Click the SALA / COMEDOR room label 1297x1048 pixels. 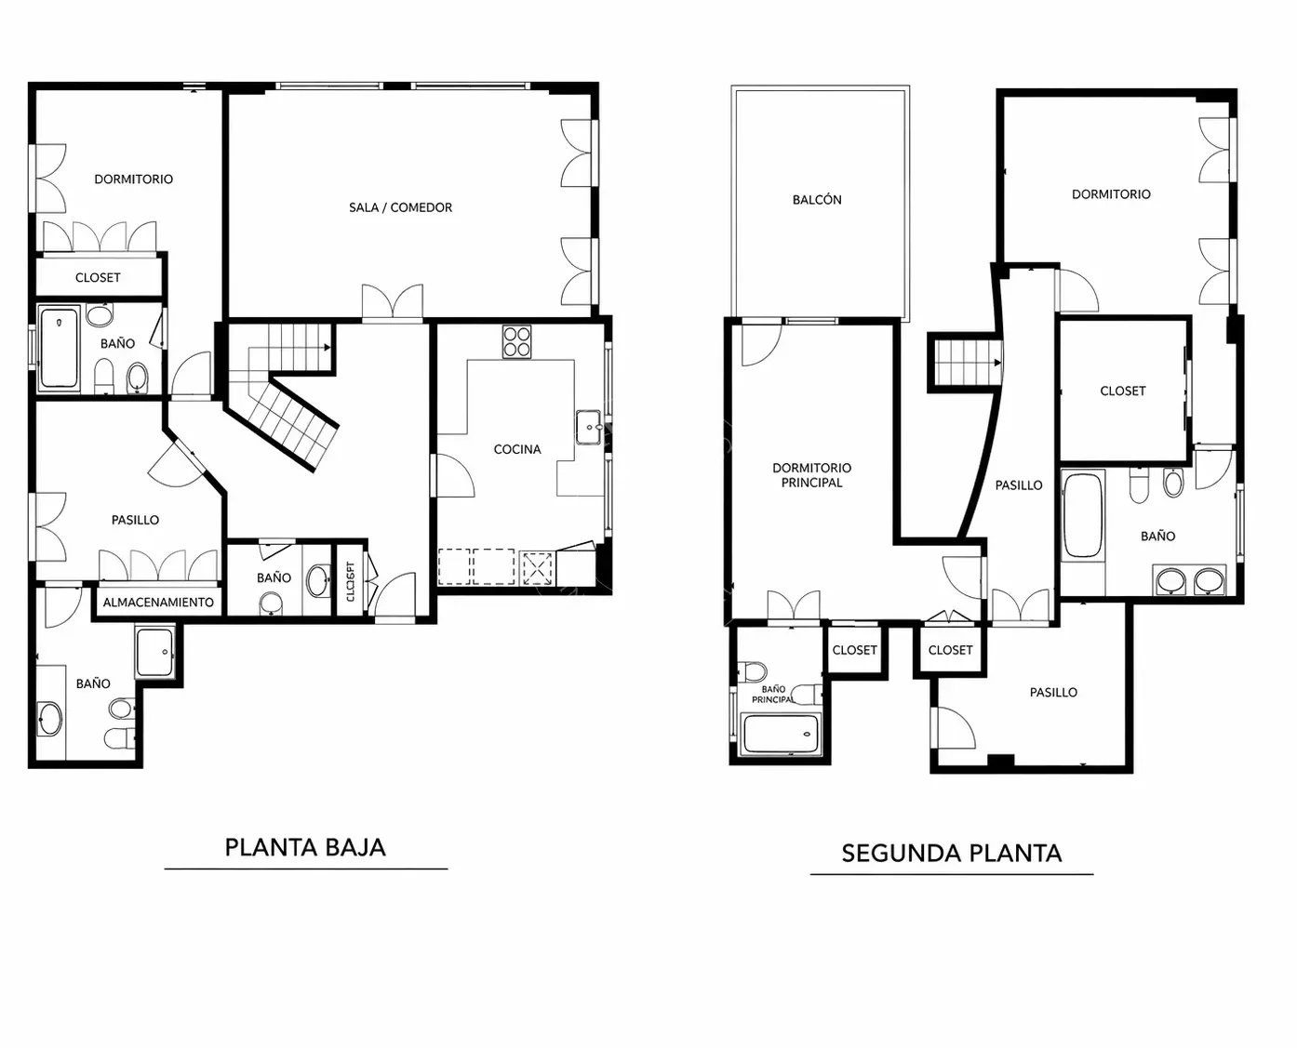(x=400, y=207)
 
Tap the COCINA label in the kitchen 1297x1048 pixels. (x=517, y=449)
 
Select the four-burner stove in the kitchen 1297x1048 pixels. (x=516, y=341)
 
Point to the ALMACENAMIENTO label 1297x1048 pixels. (x=158, y=603)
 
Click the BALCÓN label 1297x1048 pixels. (x=817, y=200)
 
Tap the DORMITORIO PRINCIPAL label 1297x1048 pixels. (x=811, y=475)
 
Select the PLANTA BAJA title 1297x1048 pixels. (x=305, y=847)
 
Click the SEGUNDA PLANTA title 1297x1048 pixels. (x=952, y=854)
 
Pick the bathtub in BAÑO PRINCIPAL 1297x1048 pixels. (x=782, y=734)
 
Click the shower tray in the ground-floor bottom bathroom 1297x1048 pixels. (x=154, y=653)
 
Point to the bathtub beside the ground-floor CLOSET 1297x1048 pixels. (x=59, y=348)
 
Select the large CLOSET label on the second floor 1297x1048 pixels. (x=1123, y=391)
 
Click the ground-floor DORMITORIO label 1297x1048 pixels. (x=133, y=179)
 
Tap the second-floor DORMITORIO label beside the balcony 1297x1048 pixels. (x=1111, y=194)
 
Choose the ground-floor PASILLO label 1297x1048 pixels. (x=135, y=520)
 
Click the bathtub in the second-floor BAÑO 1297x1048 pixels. (x=1082, y=515)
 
